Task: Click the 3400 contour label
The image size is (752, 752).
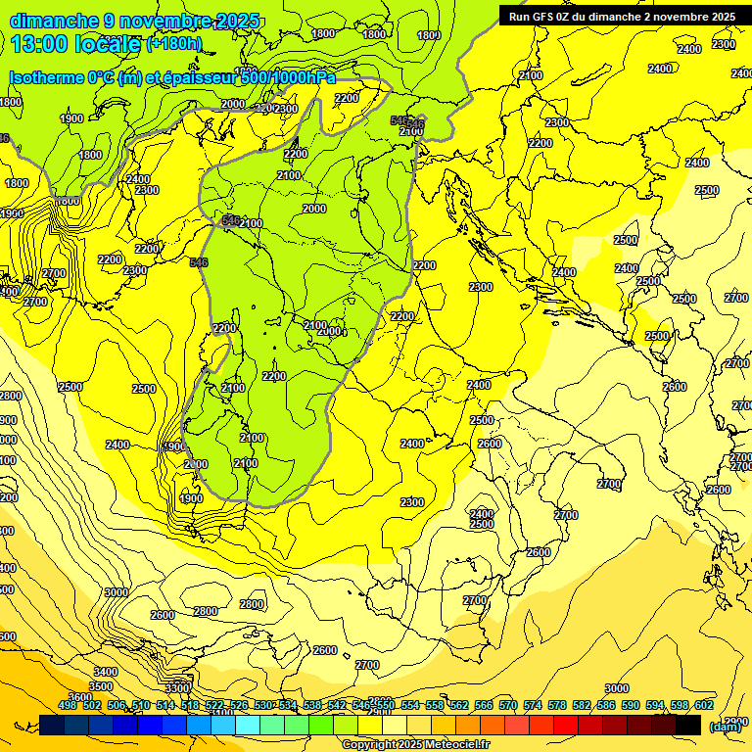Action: pyautogui.click(x=106, y=672)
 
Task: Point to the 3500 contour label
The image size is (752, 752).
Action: pyautogui.click(x=101, y=686)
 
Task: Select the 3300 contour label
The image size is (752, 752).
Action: pyautogui.click(x=176, y=687)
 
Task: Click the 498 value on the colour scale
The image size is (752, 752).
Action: pyautogui.click(x=68, y=705)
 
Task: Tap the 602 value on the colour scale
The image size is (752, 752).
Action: pyautogui.click(x=703, y=705)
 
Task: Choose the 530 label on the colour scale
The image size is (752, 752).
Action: pyautogui.click(x=263, y=705)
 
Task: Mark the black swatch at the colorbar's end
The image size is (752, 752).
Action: pyautogui.click(x=688, y=725)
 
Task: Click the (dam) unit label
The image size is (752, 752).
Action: pyautogui.click(x=726, y=726)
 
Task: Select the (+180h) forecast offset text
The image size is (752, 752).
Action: pyautogui.click(x=173, y=44)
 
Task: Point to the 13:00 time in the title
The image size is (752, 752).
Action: pyautogui.click(x=37, y=44)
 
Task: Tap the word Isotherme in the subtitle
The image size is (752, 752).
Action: pyautogui.click(x=47, y=77)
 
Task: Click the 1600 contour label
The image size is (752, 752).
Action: pyautogui.click(x=68, y=201)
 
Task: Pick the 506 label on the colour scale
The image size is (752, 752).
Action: pyautogui.click(x=117, y=705)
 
